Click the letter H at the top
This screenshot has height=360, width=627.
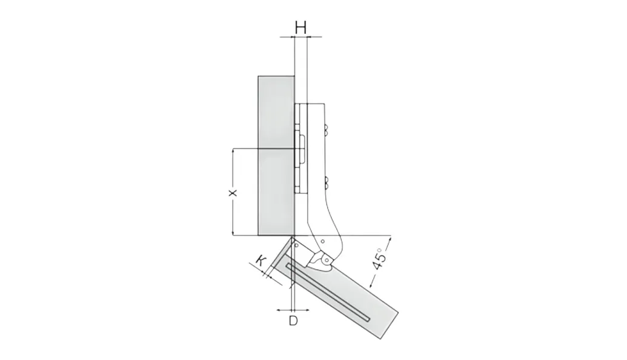click(300, 28)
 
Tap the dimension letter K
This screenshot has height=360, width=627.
click(260, 261)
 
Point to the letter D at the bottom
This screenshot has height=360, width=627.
click(293, 321)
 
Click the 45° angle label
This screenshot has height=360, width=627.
click(379, 259)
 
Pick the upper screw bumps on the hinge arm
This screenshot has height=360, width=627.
click(327, 130)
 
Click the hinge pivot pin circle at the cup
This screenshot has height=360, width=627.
click(327, 260)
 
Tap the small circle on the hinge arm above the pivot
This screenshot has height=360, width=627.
click(322, 241)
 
